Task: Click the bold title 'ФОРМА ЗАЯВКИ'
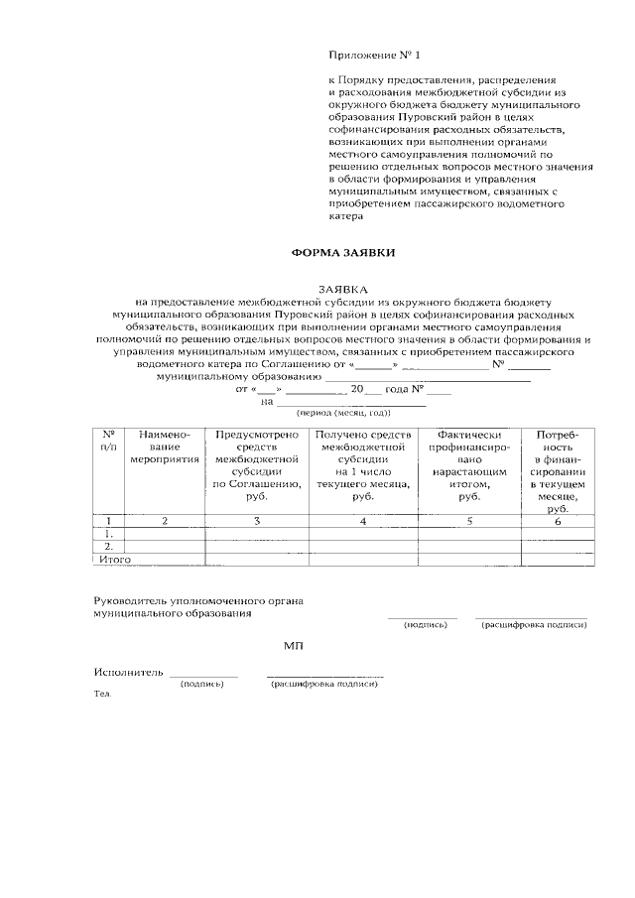pyautogui.click(x=342, y=253)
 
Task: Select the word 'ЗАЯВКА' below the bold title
pyautogui.click(x=342, y=287)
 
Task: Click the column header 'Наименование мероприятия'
pyautogui.click(x=165, y=448)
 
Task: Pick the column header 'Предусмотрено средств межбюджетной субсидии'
pyautogui.click(x=256, y=465)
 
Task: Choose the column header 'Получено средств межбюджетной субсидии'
pyautogui.click(x=362, y=465)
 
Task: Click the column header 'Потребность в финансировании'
pyautogui.click(x=558, y=471)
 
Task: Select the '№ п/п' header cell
pyautogui.click(x=108, y=442)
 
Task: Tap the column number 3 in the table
pyautogui.click(x=256, y=521)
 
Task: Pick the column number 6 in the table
pyautogui.click(x=558, y=521)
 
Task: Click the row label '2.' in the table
pyautogui.click(x=108, y=546)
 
